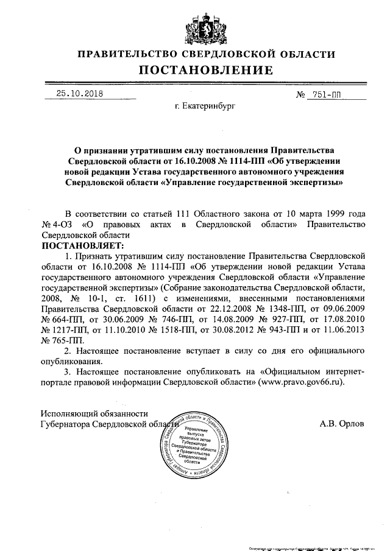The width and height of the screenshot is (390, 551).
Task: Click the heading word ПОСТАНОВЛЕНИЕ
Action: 205,71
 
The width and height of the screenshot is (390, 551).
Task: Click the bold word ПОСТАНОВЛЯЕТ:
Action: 82,245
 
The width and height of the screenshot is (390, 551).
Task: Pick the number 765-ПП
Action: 61,340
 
